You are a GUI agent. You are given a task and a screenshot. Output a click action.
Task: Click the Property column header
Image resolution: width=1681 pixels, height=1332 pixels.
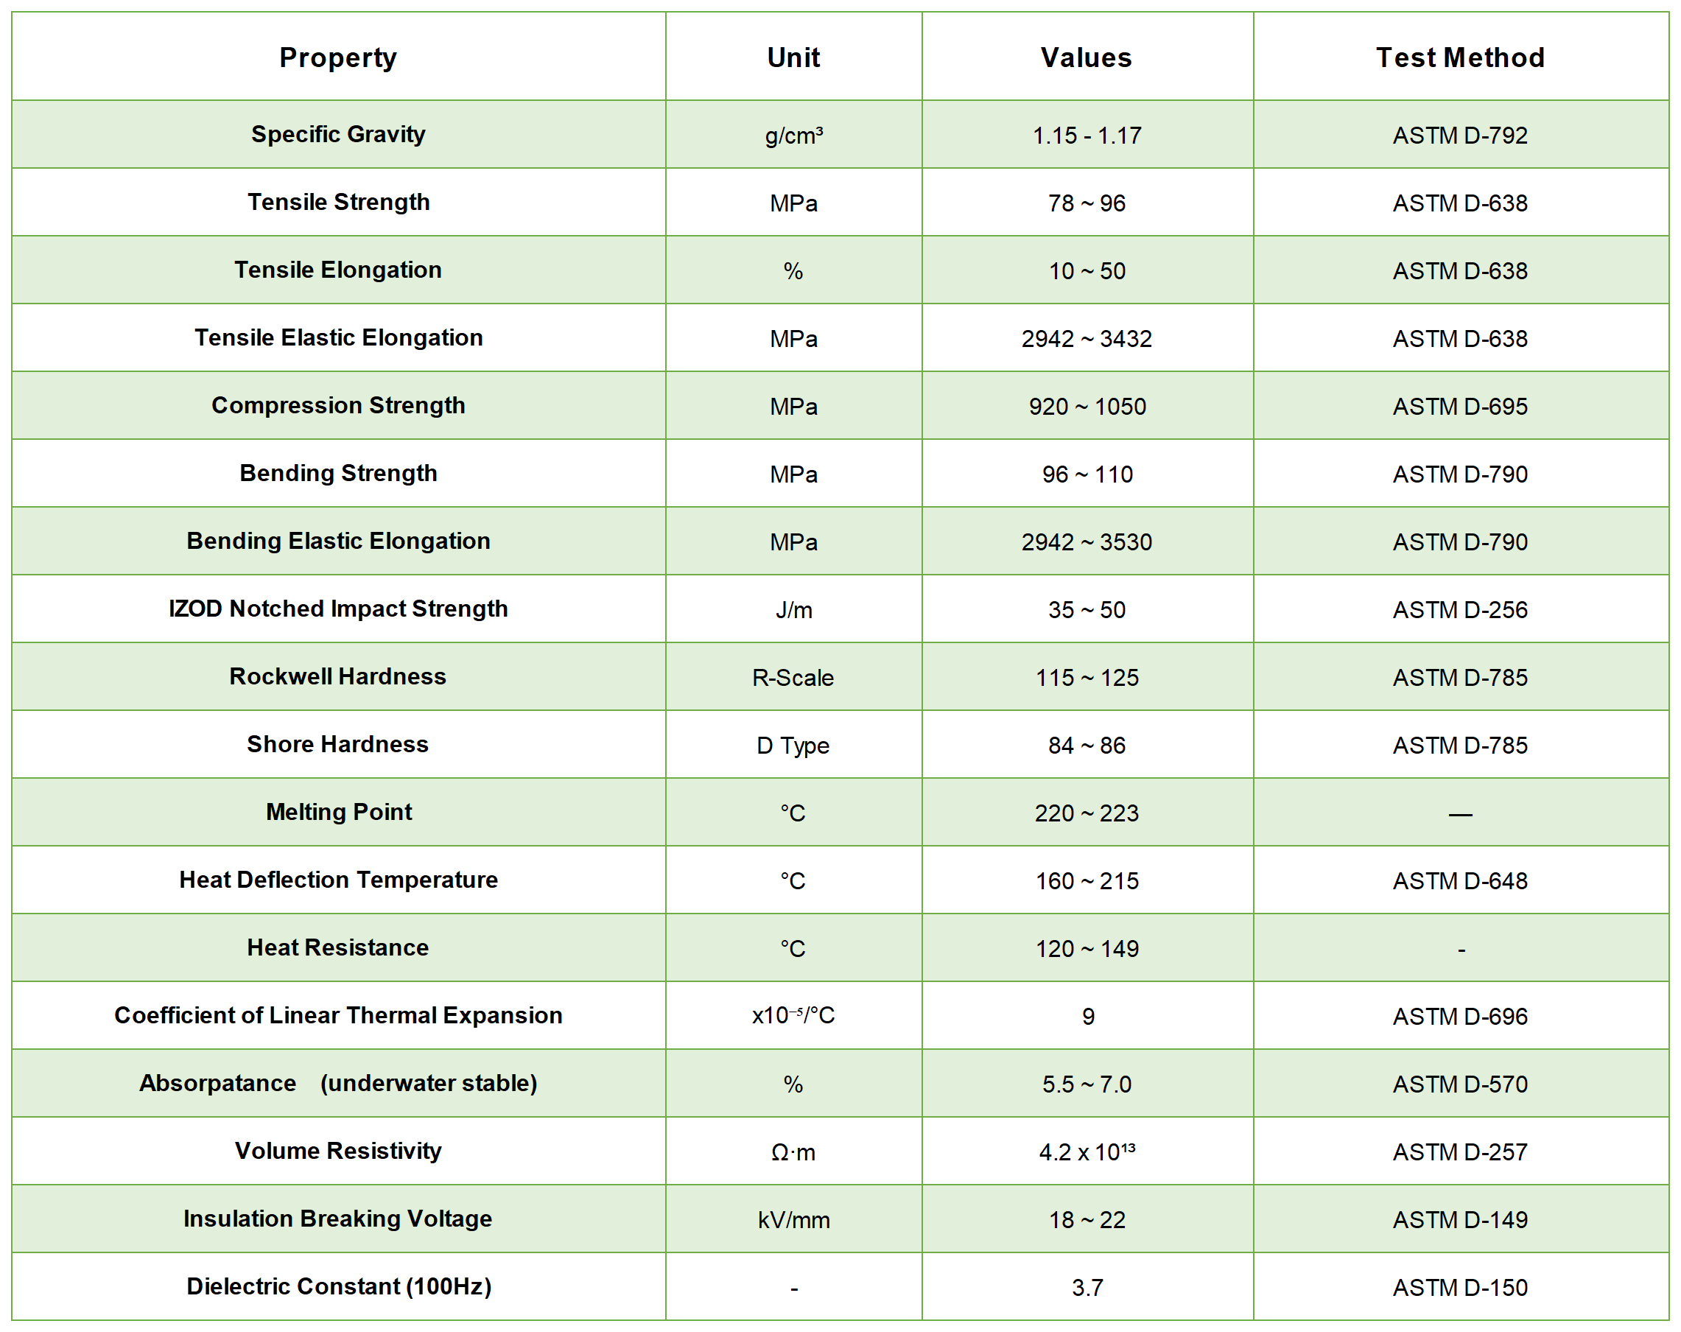pyautogui.click(x=337, y=57)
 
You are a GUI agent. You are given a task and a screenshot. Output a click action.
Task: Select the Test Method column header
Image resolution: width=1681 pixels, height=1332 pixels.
pyautogui.click(x=1459, y=57)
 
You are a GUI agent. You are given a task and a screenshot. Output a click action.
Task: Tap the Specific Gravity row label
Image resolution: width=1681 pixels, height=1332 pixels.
pyautogui.click(x=337, y=134)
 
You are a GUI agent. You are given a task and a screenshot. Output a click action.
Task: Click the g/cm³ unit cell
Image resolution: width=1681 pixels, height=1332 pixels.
pyautogui.click(x=793, y=136)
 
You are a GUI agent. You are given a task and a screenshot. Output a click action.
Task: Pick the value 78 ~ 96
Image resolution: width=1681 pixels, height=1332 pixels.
pyautogui.click(x=1086, y=203)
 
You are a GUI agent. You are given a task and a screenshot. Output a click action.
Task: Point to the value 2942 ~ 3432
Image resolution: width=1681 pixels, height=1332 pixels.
pyautogui.click(x=1086, y=339)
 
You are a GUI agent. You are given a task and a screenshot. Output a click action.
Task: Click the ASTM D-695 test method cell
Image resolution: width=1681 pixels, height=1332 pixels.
pyautogui.click(x=1459, y=407)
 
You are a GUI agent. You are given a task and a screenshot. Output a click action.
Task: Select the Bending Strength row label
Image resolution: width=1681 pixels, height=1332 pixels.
pyautogui.click(x=337, y=474)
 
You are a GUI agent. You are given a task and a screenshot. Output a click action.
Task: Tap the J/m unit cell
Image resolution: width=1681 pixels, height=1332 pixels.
pyautogui.click(x=793, y=610)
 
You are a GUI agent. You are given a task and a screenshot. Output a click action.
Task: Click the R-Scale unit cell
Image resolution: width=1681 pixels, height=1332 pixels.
pyautogui.click(x=793, y=678)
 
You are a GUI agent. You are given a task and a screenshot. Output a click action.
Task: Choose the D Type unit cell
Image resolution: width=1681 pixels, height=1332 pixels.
pyautogui.click(x=793, y=746)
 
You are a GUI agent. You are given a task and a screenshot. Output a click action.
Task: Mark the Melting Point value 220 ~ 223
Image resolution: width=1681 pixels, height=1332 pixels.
pyautogui.click(x=1086, y=813)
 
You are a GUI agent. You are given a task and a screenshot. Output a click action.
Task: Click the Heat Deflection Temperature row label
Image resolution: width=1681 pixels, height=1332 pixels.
pyautogui.click(x=337, y=880)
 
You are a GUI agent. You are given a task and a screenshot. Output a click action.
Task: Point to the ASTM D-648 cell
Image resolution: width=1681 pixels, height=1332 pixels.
pyautogui.click(x=1459, y=881)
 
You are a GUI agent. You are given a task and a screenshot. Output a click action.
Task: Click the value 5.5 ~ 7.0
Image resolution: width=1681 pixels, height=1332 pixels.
pyautogui.click(x=1086, y=1084)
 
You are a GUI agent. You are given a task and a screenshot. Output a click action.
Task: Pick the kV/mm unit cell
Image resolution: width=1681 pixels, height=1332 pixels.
pyautogui.click(x=793, y=1221)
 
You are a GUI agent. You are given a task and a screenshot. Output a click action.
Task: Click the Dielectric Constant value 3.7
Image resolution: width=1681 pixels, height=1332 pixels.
pyautogui.click(x=1086, y=1289)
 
